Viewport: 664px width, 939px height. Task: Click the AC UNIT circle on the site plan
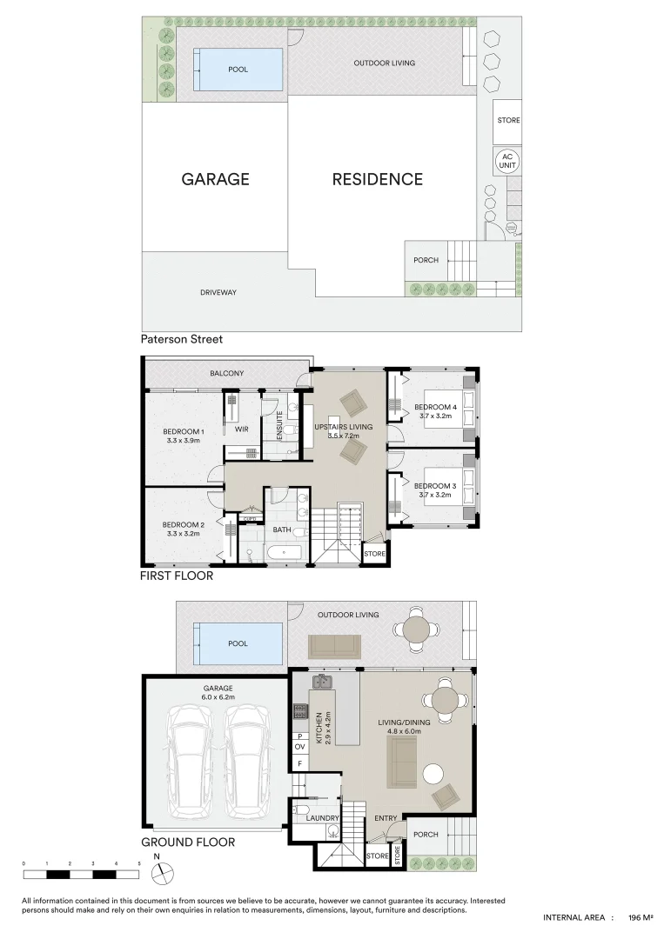point(506,160)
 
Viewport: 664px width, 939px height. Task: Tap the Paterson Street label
point(183,340)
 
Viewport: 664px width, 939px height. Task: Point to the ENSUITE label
point(280,425)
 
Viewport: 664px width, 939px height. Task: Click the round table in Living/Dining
point(444,701)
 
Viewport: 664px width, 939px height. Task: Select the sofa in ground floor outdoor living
point(335,645)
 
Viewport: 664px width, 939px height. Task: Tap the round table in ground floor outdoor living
point(418,629)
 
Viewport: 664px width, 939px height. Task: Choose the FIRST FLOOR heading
point(177,576)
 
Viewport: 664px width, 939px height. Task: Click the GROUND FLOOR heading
point(188,842)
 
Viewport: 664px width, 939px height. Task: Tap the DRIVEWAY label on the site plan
point(218,292)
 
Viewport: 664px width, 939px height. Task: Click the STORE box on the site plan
point(508,120)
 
